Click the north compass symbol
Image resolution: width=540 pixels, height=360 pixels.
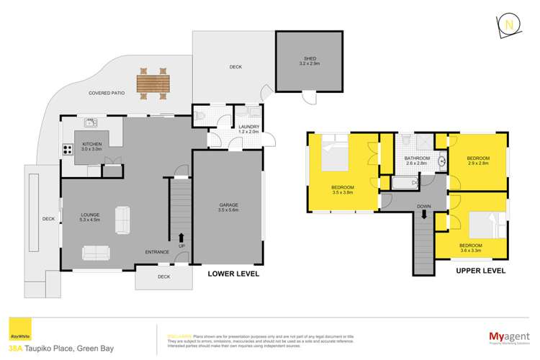point(510,24)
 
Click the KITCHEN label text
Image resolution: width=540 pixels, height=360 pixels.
point(91,144)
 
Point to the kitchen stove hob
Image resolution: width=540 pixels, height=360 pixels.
point(68,150)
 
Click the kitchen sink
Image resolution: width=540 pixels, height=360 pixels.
point(91,122)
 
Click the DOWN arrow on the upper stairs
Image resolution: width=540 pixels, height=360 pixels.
point(425,213)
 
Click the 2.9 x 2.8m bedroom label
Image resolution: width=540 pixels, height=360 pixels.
point(478,163)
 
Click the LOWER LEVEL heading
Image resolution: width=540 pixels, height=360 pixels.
point(233,274)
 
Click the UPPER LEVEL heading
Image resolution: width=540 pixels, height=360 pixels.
point(481,271)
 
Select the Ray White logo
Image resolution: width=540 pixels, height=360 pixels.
point(15,336)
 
